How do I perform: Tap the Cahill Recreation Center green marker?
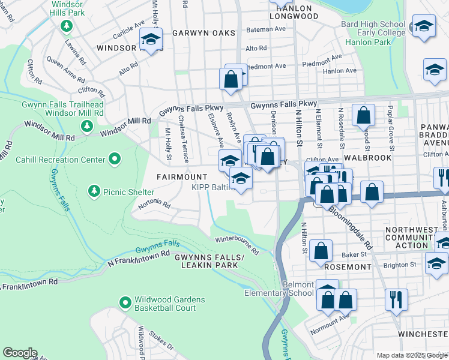[x=114, y=159]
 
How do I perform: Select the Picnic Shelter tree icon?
[x=94, y=191]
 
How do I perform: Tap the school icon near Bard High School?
[x=424, y=27]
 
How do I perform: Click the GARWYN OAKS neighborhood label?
[x=195, y=33]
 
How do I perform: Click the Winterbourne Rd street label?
[x=237, y=245]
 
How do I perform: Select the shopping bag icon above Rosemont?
[x=322, y=249]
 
